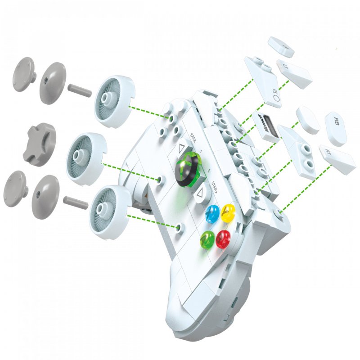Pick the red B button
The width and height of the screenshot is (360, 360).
224,238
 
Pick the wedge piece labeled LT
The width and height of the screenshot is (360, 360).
295,73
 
